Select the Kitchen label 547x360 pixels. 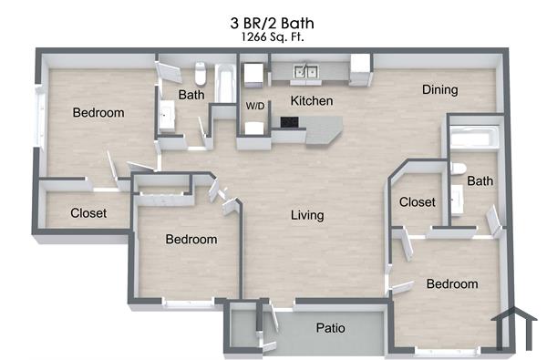click(x=311, y=100)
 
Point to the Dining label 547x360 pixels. click(x=439, y=89)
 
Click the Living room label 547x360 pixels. click(x=307, y=215)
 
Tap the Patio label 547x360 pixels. click(x=330, y=328)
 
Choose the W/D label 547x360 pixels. click(x=255, y=107)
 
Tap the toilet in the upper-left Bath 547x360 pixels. click(x=201, y=72)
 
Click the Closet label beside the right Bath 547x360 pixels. click(x=418, y=201)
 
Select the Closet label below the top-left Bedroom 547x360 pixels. click(x=88, y=213)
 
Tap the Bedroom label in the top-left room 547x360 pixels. click(x=98, y=112)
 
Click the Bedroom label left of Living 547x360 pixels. click(x=191, y=239)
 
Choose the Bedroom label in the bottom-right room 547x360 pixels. click(x=452, y=283)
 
